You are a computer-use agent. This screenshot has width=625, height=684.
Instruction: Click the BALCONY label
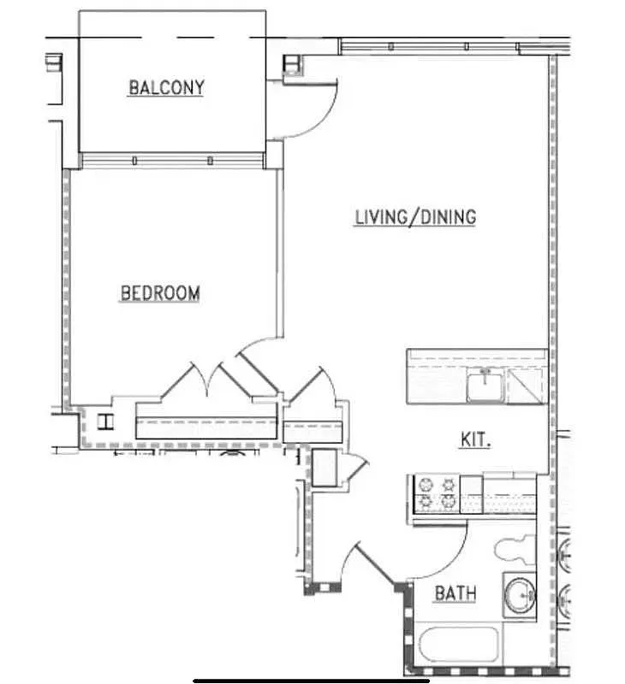click(x=166, y=87)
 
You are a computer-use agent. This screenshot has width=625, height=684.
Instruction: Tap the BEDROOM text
click(x=160, y=293)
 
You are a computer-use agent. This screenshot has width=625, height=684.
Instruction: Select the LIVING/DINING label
click(x=415, y=216)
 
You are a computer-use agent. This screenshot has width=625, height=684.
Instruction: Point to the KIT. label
click(x=475, y=439)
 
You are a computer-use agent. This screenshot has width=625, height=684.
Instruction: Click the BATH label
click(x=455, y=593)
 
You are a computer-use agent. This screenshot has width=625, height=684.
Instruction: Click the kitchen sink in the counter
click(x=485, y=384)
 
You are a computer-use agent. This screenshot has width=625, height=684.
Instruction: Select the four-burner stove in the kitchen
click(x=436, y=494)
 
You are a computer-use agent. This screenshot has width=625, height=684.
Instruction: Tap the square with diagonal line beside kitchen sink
click(x=524, y=386)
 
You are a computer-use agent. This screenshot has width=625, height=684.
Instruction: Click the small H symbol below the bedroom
click(x=106, y=421)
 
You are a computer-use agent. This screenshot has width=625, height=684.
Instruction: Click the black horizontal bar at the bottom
click(x=311, y=681)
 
